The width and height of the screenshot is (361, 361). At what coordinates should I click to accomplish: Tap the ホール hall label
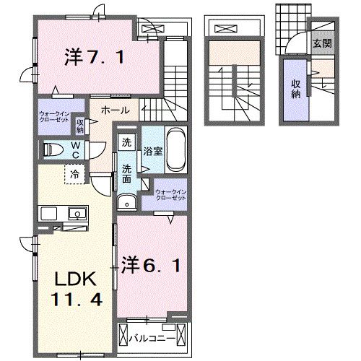tap(115, 110)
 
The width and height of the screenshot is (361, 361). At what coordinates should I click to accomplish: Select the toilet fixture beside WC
tap(54, 149)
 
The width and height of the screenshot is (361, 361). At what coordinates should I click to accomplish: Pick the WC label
tap(75, 149)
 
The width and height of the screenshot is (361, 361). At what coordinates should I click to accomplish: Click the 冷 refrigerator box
tap(74, 173)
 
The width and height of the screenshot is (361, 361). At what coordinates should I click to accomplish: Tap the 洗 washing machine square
tap(127, 142)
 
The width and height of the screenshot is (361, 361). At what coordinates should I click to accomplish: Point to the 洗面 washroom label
tap(126, 172)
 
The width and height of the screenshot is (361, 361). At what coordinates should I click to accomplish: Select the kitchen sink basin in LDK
tap(75, 213)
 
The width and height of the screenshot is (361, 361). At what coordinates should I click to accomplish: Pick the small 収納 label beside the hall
tap(80, 126)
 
